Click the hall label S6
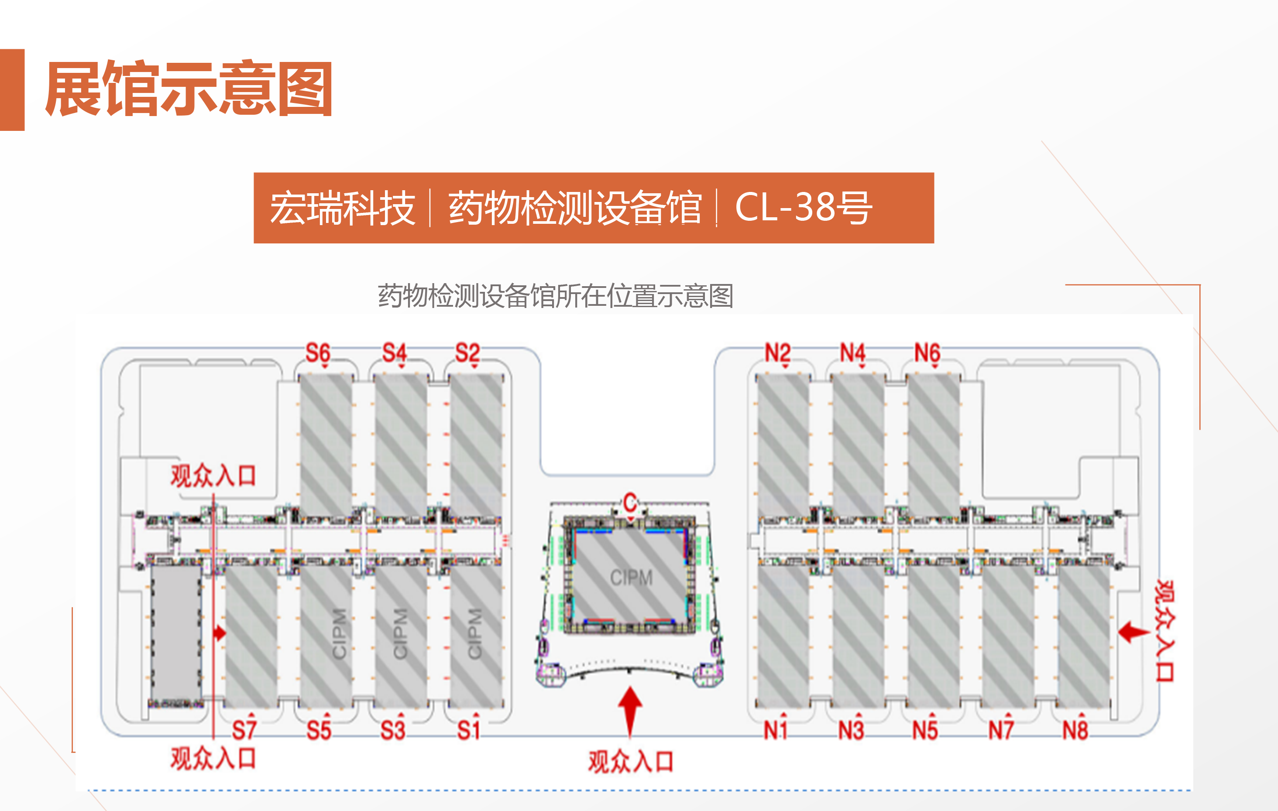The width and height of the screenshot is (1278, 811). pos(318,353)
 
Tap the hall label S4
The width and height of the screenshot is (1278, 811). pos(394,353)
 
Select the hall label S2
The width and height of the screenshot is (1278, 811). pos(467,353)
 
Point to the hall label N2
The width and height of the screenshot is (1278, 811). pos(777,353)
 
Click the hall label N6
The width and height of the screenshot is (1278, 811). pos(927,353)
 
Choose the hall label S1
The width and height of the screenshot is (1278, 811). pos(469,730)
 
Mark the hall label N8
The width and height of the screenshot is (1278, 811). pos(1075,730)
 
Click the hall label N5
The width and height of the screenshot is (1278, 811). pos(925,730)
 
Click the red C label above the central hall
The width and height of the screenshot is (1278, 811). pos(630,502)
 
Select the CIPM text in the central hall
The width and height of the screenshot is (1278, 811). pos(631,578)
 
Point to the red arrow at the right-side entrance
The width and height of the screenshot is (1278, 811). pos(1134,632)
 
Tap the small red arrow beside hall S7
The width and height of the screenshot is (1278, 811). pos(220,633)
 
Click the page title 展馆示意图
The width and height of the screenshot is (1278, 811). pos(189,89)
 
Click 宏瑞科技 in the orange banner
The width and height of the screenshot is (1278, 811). pos(342,209)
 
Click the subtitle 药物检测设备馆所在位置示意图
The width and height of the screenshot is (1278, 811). pos(555,295)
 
